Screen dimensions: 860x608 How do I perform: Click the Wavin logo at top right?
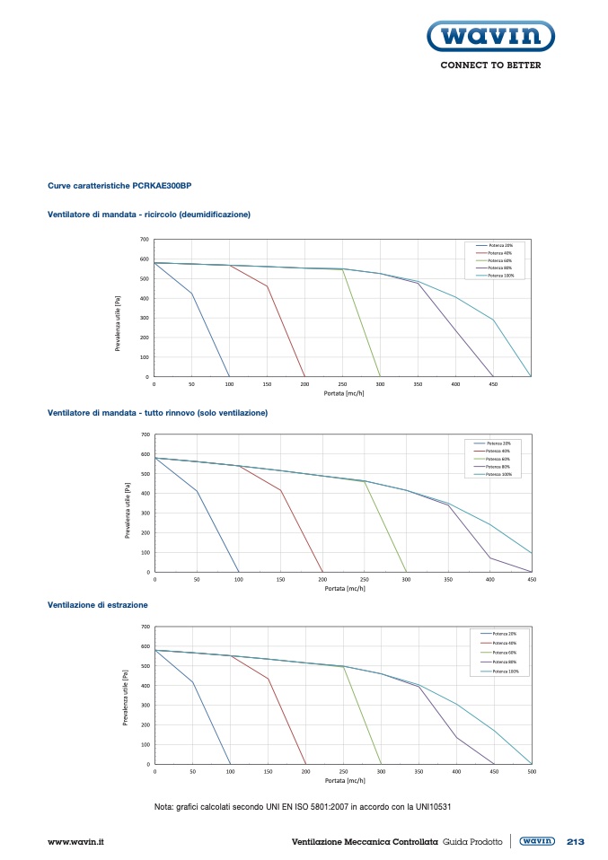click(x=489, y=38)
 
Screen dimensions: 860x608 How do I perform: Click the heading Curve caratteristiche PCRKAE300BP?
click(x=119, y=186)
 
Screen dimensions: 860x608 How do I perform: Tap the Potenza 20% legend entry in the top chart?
click(x=499, y=245)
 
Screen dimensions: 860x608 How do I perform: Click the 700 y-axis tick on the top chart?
click(x=144, y=240)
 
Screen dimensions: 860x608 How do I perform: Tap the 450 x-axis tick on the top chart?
click(x=493, y=384)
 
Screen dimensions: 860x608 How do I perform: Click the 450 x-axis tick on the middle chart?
click(x=531, y=580)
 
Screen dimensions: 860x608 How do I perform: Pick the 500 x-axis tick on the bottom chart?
click(x=531, y=772)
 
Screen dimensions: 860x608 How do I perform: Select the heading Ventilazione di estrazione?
click(x=98, y=605)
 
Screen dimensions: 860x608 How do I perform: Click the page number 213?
click(x=576, y=842)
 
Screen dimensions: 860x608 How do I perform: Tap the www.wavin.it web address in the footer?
click(x=76, y=842)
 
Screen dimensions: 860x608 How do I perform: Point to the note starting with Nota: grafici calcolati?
click(x=302, y=806)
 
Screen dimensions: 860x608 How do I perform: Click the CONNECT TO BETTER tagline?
click(x=490, y=66)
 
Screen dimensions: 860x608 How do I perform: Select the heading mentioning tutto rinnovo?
click(x=157, y=412)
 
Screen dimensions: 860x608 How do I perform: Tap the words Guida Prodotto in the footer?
click(x=472, y=842)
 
